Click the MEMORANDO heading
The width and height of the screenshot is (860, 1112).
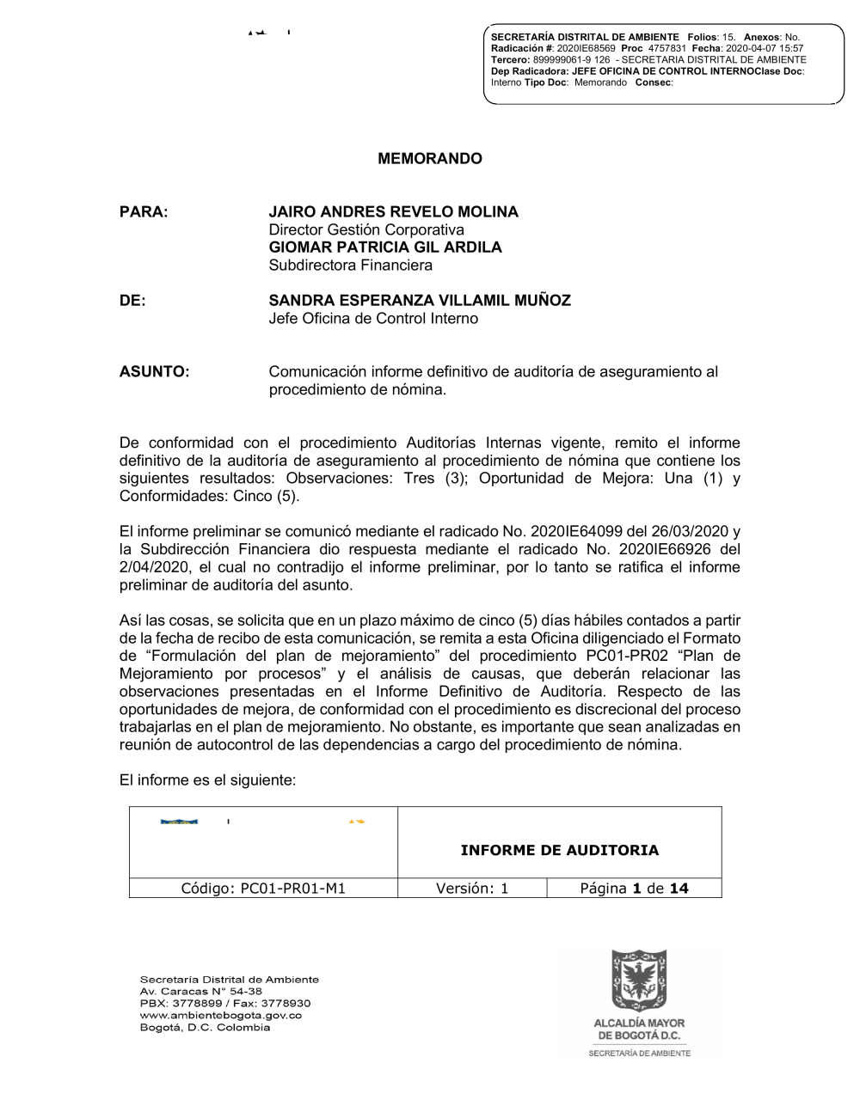[x=430, y=159]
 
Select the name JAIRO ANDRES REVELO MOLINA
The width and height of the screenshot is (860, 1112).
[x=393, y=211]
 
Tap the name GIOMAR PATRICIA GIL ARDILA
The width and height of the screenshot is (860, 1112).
[x=385, y=247]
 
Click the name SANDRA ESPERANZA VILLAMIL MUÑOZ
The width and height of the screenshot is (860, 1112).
[x=420, y=301]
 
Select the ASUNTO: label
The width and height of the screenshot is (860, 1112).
[x=154, y=372]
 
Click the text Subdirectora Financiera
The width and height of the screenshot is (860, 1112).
[x=350, y=266]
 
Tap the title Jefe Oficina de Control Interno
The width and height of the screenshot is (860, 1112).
[x=373, y=319]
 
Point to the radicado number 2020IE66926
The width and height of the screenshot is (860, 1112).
[x=655, y=549]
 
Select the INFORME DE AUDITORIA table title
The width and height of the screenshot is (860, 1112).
[x=559, y=851]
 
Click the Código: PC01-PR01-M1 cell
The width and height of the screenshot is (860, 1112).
[x=263, y=889]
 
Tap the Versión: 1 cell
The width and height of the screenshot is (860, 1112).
[x=472, y=889]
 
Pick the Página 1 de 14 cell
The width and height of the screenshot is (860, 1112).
[x=634, y=889]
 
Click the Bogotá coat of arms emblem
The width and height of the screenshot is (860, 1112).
[x=638, y=980]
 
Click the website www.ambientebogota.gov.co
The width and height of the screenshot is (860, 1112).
[x=220, y=1016]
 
